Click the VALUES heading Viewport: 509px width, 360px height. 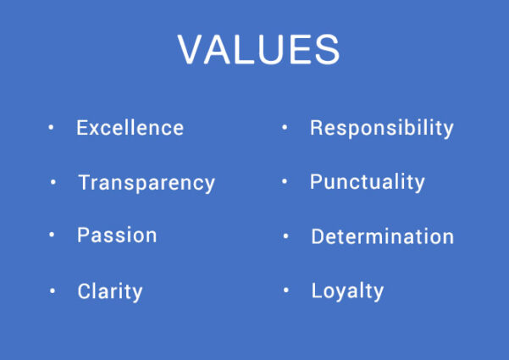tap(258, 49)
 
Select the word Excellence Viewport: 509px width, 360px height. tap(130, 128)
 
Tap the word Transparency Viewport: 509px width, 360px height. tap(147, 184)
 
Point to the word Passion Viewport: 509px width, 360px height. tap(117, 235)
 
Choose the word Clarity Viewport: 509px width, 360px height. tap(110, 292)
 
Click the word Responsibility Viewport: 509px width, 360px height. tap(382, 128)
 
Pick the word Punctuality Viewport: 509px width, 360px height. tap(368, 182)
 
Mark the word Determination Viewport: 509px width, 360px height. tap(383, 236)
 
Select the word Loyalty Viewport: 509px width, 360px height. tap(348, 291)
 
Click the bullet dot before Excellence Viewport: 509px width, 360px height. tap(51, 127)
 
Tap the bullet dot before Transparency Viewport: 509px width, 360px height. tap(53, 182)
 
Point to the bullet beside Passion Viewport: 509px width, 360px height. tap(52, 234)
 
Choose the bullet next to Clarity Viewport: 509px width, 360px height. tap(53, 291)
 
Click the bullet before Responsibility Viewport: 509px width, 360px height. tap(285, 127)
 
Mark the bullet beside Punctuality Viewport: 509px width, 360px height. tap(285, 181)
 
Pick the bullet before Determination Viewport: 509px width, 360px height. tap(285, 236)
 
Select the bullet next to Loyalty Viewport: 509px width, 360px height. tap(286, 290)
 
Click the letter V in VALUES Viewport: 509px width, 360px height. tap(191, 49)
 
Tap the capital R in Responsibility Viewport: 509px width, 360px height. tap(316, 127)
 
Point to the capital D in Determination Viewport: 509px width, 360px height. tap(318, 236)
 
